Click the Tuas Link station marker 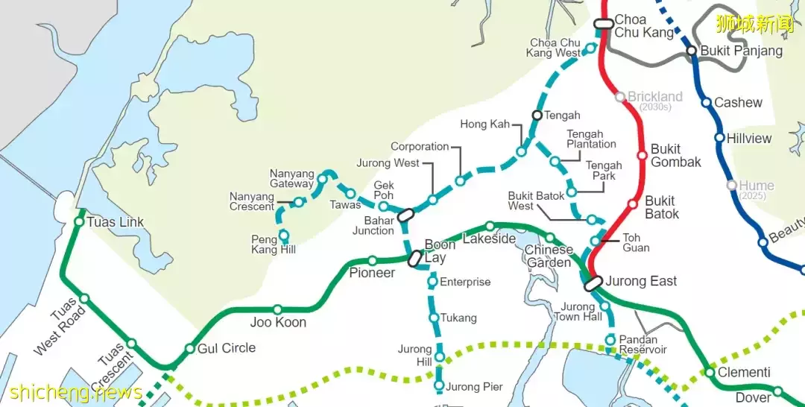79,221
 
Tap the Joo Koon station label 278,323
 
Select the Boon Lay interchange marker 416,259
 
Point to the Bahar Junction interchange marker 405,215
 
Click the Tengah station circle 536,115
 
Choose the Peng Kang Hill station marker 284,235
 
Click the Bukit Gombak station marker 642,155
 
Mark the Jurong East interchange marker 593,283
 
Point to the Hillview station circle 719,138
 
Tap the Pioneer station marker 373,261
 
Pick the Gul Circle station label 227,348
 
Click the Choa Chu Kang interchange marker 604,24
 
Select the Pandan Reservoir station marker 610,339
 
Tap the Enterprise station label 465,282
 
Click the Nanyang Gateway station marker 323,178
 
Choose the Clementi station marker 710,372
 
